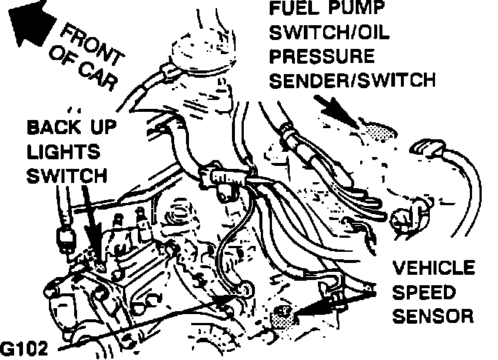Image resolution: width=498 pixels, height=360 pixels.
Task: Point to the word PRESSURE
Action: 321,58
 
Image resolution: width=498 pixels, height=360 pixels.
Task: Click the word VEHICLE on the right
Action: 432,267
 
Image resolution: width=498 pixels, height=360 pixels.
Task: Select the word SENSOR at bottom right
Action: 432,317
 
